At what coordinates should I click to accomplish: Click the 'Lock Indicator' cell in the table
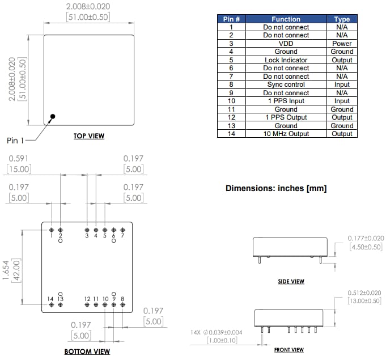[x=286, y=60]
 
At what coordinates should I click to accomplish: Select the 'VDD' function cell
[x=286, y=43]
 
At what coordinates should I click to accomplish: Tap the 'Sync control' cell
[x=286, y=84]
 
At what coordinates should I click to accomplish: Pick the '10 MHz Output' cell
[x=286, y=134]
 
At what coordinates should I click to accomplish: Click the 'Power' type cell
[x=342, y=43]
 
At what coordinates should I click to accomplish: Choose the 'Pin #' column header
[x=231, y=19]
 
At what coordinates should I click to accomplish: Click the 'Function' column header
[x=286, y=19]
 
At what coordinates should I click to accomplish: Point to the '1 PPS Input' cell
[x=286, y=101]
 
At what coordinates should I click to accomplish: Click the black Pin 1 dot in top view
[x=53, y=117]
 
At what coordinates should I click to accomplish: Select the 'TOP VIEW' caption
[x=89, y=136]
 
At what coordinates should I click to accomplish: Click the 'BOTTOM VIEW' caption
[x=87, y=351]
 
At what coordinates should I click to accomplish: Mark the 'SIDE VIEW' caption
[x=291, y=281]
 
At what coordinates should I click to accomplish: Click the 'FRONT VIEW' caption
[x=289, y=350]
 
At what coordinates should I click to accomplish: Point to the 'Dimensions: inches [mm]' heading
[x=276, y=188]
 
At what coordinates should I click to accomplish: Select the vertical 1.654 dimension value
[x=6, y=266]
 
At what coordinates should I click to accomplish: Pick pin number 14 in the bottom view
[x=50, y=299]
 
